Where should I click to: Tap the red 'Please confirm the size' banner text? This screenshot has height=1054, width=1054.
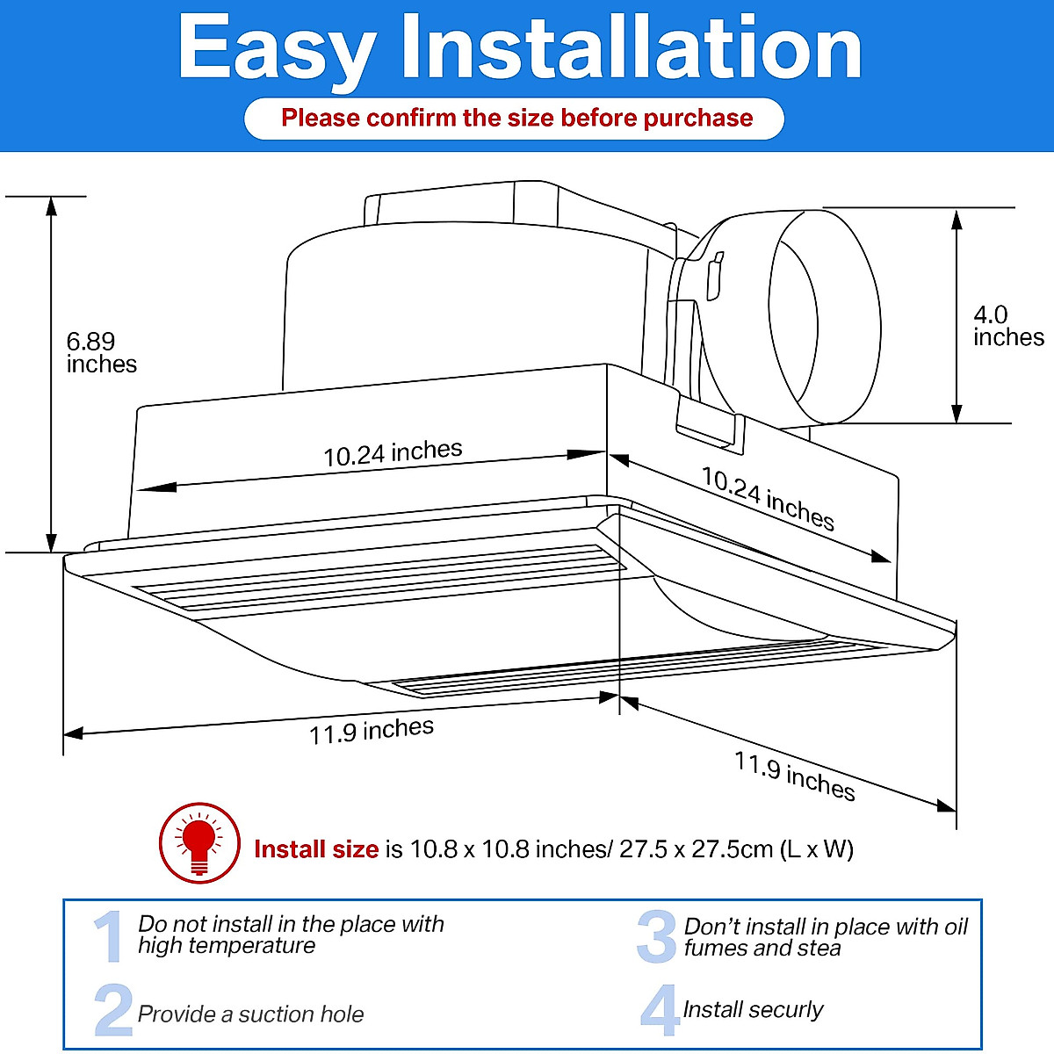click(x=516, y=119)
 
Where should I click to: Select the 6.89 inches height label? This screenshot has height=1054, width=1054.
click(x=101, y=353)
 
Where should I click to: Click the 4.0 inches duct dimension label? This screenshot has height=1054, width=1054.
click(x=1007, y=327)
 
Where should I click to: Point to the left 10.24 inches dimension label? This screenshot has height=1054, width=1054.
click(x=393, y=453)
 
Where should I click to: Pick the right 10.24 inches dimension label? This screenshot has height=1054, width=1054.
click(x=767, y=499)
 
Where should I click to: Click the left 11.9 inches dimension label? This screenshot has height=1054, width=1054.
click(x=371, y=731)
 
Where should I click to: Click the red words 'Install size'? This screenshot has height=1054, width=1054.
click(x=315, y=849)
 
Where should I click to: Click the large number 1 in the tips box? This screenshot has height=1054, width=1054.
click(x=110, y=936)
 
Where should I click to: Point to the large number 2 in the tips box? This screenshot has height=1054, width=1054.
click(x=112, y=1010)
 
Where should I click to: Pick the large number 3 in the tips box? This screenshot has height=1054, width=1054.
click(x=656, y=937)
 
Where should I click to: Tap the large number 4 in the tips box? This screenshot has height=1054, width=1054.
click(x=659, y=1010)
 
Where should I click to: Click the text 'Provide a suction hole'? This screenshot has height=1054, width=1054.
click(x=250, y=1014)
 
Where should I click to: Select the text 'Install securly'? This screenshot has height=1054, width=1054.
click(x=753, y=1010)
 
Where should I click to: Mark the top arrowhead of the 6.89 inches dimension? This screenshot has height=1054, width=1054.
click(x=52, y=206)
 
